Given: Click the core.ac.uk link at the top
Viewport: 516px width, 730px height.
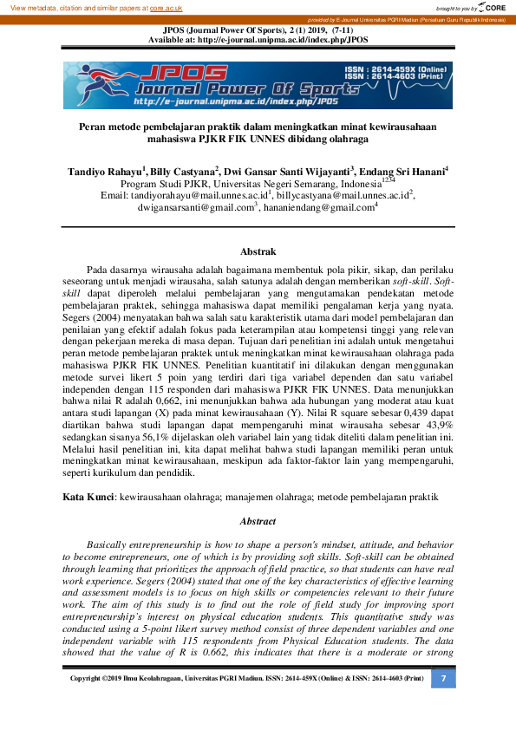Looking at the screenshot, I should pyautogui.click(x=167, y=8).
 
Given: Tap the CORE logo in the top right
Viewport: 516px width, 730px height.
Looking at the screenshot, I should pyautogui.click(x=495, y=8).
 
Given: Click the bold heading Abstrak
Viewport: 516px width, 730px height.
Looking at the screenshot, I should pyautogui.click(x=258, y=251).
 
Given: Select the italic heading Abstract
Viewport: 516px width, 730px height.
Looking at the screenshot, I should pyautogui.click(x=258, y=522).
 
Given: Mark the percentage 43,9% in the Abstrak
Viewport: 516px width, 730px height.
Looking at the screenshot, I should pyautogui.click(x=439, y=426).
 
